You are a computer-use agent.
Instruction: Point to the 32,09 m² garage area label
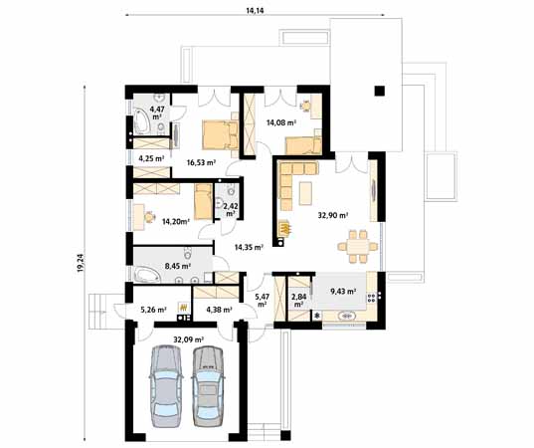point(188,338)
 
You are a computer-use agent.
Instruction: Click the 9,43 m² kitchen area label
point(344,292)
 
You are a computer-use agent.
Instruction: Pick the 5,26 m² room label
point(154,309)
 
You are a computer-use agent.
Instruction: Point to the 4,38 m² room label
point(218,309)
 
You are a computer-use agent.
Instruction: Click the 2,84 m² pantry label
point(298,300)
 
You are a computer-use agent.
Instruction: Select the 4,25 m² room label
point(151,158)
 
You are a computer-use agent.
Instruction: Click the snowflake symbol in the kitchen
point(317,317)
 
